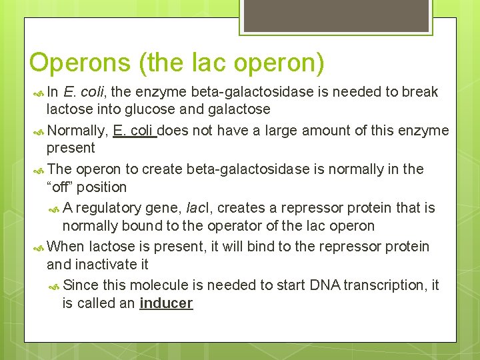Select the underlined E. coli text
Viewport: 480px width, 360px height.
click(x=135, y=130)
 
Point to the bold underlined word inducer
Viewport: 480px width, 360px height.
click(x=166, y=303)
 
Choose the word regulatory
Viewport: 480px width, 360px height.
click(x=111, y=208)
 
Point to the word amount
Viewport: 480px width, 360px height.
click(x=309, y=130)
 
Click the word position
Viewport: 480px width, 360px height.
click(x=100, y=187)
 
